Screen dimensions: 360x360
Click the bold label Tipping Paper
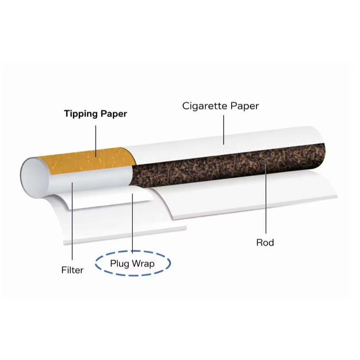[x=95, y=114]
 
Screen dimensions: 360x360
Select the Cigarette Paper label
[x=221, y=106]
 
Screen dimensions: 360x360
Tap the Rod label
[x=265, y=242]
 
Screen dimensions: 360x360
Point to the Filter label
[x=72, y=269]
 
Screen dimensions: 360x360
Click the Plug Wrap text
[x=132, y=264]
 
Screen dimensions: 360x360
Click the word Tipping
[x=79, y=114]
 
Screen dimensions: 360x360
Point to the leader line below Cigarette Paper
[x=223, y=129]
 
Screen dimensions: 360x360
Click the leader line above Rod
[x=265, y=200]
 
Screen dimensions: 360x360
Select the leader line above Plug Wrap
[x=132, y=222]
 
